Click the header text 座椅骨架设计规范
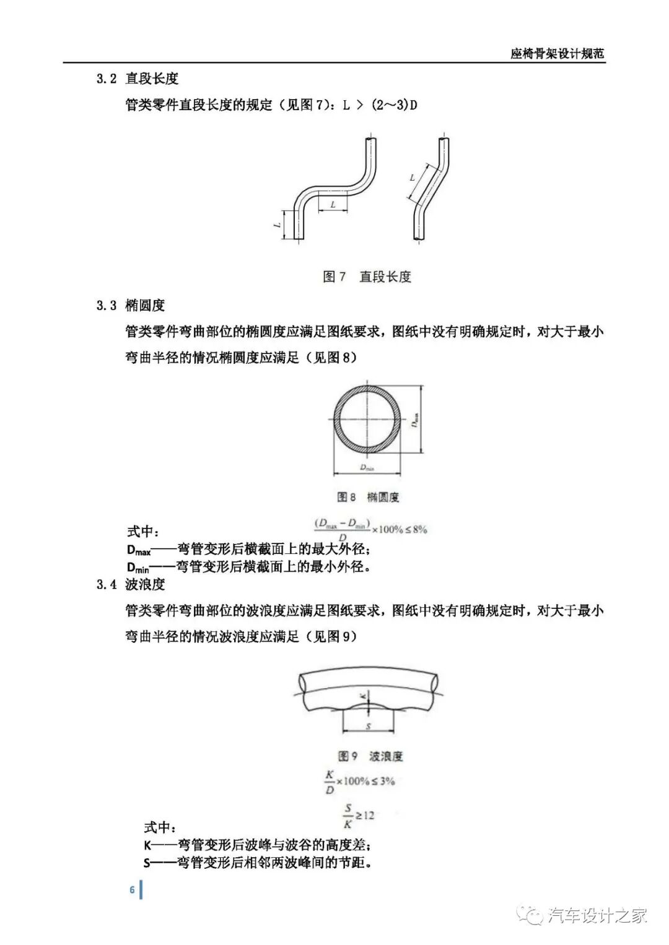click(557, 53)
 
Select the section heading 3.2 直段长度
click(138, 79)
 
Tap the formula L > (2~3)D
click(380, 105)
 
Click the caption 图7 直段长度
click(367, 277)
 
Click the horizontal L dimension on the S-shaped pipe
click(333, 205)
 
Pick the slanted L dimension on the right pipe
click(413, 178)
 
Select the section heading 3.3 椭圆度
click(131, 305)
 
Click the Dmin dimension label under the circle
click(367, 468)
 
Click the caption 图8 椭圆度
click(368, 497)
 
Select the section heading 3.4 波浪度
click(131, 584)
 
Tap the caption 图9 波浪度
click(370, 756)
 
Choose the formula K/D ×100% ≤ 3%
click(359, 782)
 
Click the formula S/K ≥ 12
click(359, 816)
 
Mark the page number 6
click(132, 889)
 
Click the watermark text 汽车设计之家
click(598, 915)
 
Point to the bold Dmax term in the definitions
click(139, 550)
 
